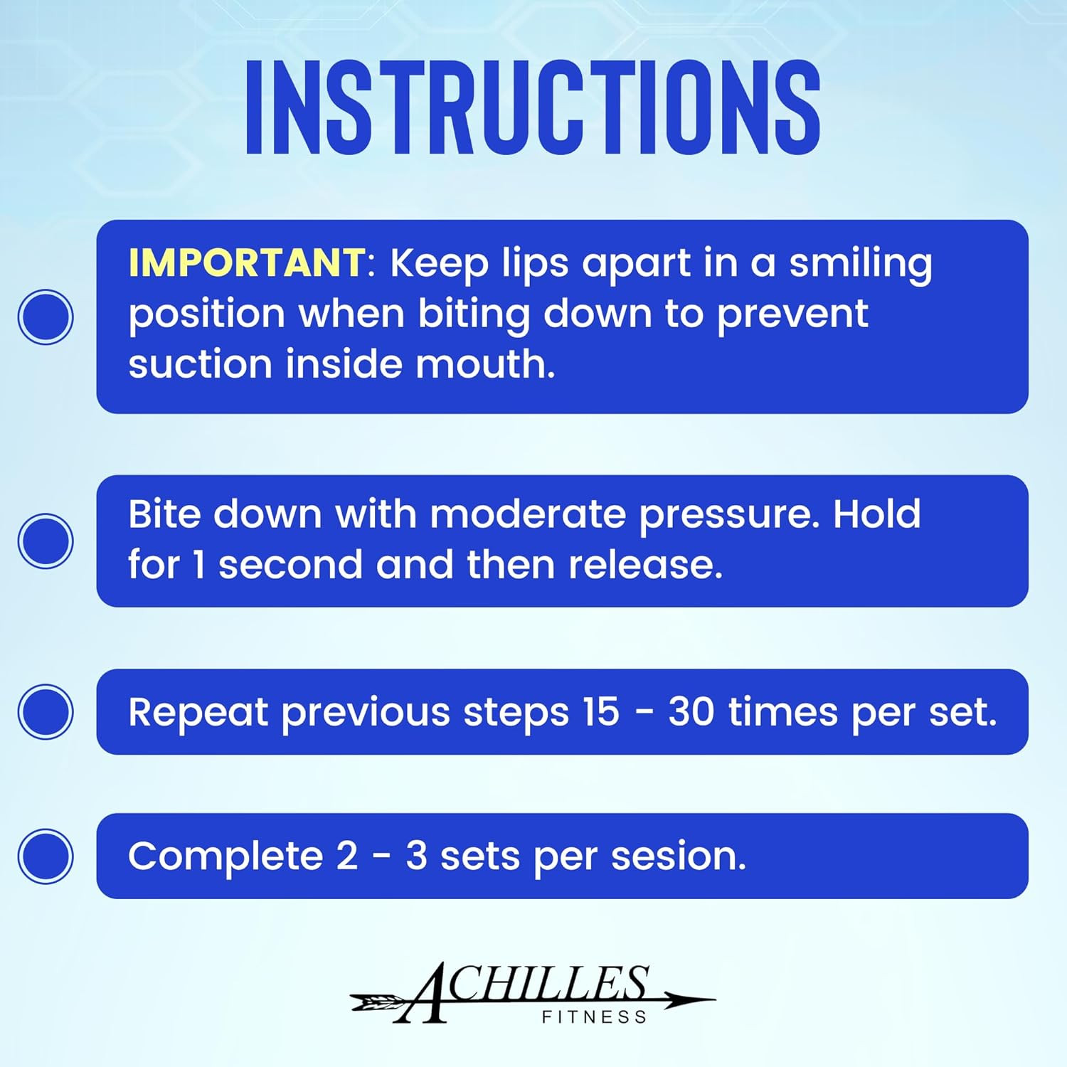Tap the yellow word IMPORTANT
click(x=246, y=262)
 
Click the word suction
click(x=200, y=364)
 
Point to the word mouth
click(x=484, y=364)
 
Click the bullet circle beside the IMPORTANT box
click(x=46, y=317)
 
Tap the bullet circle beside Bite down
click(x=46, y=541)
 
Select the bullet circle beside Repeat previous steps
click(x=46, y=711)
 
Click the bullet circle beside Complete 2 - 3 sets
click(x=46, y=856)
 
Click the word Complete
click(x=225, y=856)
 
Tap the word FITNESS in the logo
click(x=594, y=1017)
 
